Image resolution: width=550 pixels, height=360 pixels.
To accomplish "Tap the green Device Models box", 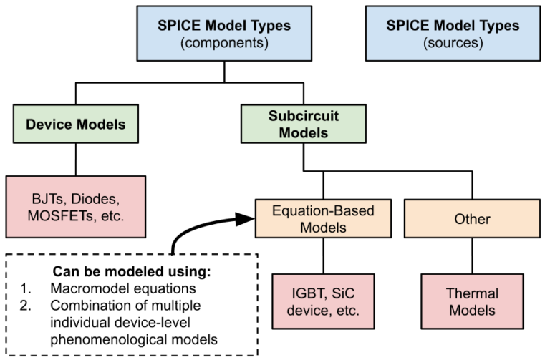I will point(76,124).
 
